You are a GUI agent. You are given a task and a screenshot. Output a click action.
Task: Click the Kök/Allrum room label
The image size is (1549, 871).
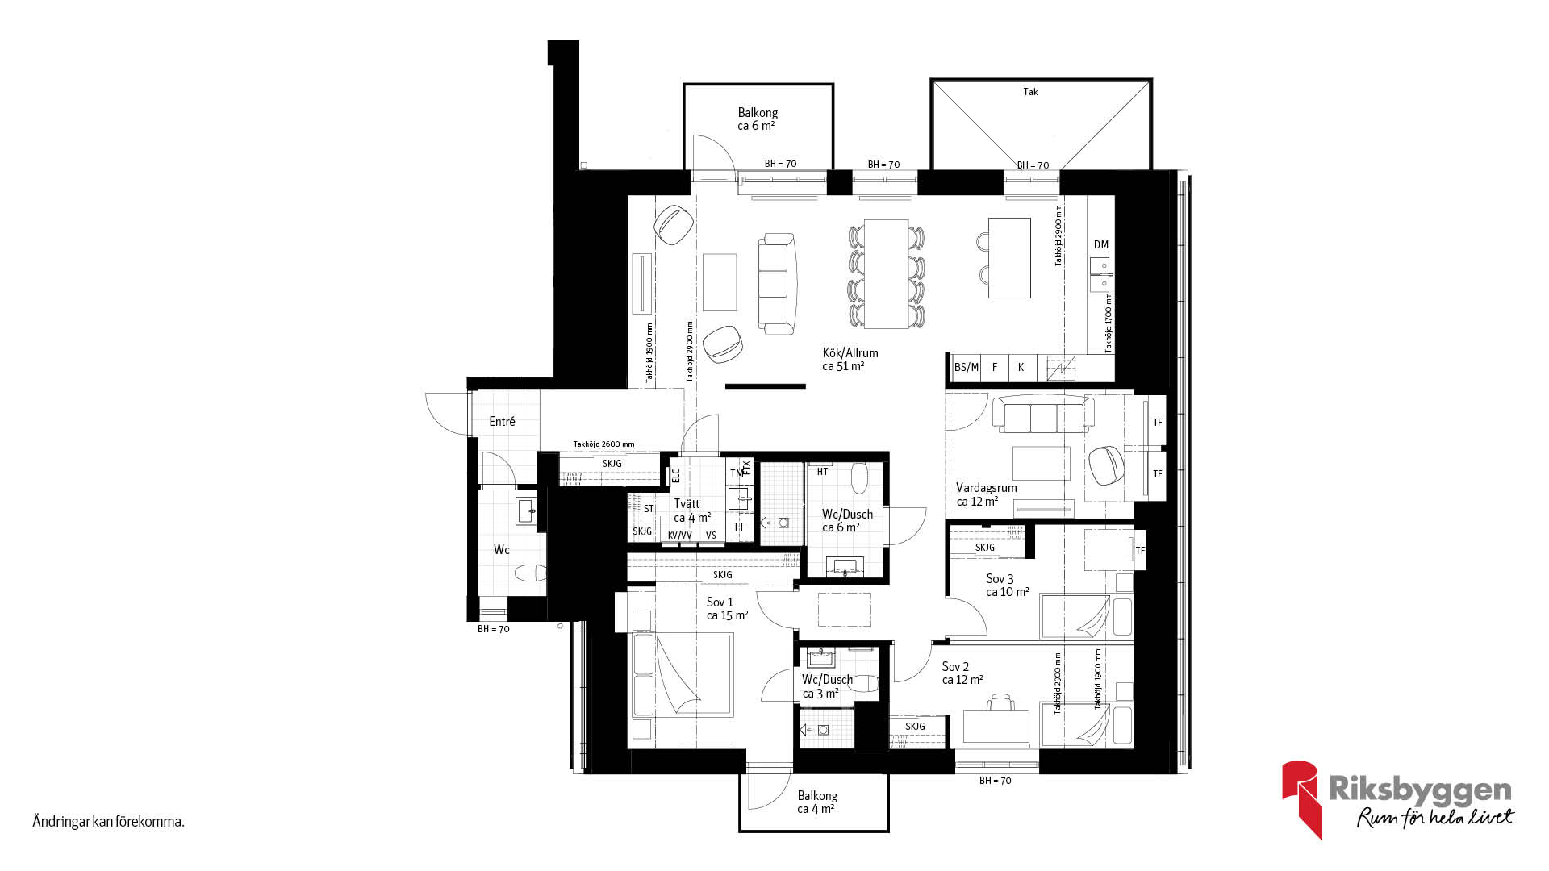tap(850, 353)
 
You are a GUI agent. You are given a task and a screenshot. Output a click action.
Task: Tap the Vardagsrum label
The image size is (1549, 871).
tap(986, 488)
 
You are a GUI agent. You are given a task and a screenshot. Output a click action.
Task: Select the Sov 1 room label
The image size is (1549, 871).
tap(720, 602)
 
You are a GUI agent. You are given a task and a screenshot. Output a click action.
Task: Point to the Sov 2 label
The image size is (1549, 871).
tap(955, 667)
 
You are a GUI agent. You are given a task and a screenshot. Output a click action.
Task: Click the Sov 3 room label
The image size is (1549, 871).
tap(1000, 579)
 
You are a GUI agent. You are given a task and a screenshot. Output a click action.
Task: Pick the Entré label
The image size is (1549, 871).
tap(502, 422)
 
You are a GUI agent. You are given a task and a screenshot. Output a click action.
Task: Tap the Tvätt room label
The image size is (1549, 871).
tap(687, 504)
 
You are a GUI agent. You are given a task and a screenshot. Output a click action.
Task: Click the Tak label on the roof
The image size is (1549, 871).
tap(1030, 92)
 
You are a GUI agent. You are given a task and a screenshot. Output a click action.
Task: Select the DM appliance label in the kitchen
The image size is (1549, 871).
tap(1101, 244)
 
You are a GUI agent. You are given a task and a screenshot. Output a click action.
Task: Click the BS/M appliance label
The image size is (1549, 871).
tap(966, 367)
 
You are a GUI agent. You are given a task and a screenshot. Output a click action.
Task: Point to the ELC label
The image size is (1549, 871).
tap(676, 475)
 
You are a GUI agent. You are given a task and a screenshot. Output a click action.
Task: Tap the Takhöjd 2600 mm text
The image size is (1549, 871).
tap(603, 444)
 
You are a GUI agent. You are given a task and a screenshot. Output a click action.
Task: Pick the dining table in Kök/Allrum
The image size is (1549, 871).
tap(887, 273)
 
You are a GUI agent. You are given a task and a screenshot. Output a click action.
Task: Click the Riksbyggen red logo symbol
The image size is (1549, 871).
tap(1301, 799)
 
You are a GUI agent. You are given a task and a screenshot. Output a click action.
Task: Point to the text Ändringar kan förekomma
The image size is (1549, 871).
tap(108, 823)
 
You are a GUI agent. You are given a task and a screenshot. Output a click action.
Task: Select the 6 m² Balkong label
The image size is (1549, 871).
tap(758, 119)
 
